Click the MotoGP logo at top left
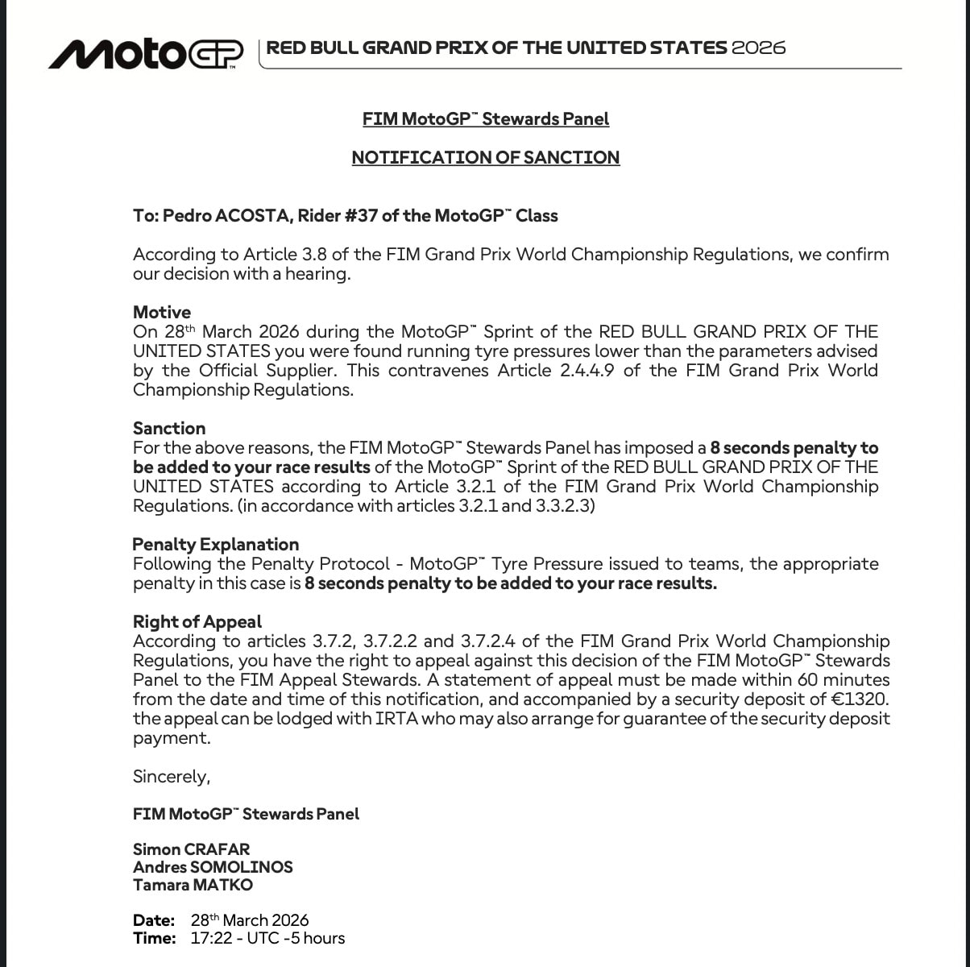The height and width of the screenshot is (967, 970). point(146,53)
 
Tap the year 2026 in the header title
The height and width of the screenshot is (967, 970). point(758,48)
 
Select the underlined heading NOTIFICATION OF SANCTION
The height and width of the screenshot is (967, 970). point(485,157)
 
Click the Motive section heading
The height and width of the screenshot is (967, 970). point(162,312)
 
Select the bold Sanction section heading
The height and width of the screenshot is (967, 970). point(169,428)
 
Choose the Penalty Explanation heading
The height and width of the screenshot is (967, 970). point(215,544)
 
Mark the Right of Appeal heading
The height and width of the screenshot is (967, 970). point(197,621)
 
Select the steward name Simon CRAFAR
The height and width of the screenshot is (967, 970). point(191,849)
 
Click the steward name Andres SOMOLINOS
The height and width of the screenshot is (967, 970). point(213,867)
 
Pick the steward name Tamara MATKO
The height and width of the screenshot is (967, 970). point(193,885)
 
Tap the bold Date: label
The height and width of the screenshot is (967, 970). point(154,920)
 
